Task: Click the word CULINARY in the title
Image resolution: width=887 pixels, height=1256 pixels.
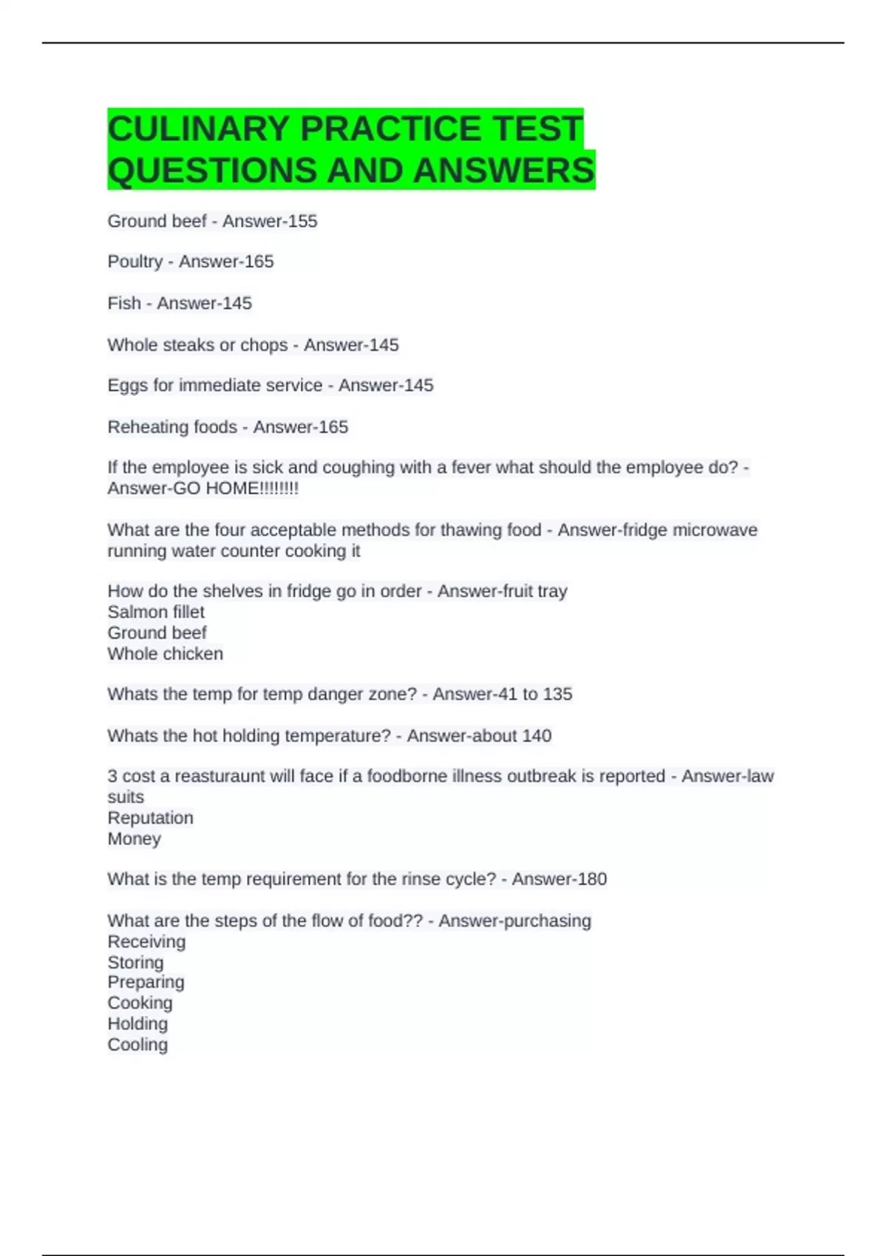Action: coord(198,129)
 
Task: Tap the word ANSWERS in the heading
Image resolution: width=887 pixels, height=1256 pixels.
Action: coord(503,171)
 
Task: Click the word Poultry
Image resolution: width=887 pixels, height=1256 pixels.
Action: coord(135,262)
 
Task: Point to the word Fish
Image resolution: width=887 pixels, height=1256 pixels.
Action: coord(123,303)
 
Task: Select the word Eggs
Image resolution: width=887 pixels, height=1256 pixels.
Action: coord(127,386)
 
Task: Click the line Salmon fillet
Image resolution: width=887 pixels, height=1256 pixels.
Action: coord(156,612)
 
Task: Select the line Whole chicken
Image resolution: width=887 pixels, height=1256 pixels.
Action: coord(165,654)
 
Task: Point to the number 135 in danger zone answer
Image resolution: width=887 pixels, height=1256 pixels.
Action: coord(557,694)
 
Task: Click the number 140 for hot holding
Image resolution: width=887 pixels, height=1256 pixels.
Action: coord(537,736)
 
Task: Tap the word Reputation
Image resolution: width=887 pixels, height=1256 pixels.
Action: coord(150,818)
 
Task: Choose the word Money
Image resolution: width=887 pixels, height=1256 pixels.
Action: coord(134,839)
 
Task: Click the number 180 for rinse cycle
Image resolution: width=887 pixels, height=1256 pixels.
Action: coord(592,879)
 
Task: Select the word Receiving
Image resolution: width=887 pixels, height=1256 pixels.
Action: coord(146,941)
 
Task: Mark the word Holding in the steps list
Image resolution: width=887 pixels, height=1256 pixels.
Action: coord(137,1024)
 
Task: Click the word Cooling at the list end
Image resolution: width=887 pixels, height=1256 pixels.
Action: coord(137,1045)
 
